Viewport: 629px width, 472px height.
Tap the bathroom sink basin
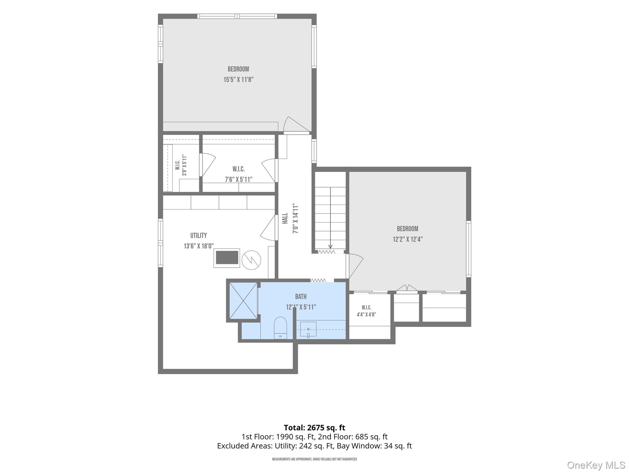point(308,329)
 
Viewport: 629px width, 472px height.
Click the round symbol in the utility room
point(251,260)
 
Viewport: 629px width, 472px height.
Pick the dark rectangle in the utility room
point(227,258)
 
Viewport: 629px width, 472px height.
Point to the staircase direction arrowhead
point(330,247)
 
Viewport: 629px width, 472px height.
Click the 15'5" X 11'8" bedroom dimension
point(238,80)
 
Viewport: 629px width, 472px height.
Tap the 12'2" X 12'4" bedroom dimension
point(408,239)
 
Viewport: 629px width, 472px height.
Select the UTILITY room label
point(198,236)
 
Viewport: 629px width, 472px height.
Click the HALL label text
point(285,218)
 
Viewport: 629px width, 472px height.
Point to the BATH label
point(301,297)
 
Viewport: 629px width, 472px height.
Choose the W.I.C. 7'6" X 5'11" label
point(239,174)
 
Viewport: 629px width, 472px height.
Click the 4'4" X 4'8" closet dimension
point(366,315)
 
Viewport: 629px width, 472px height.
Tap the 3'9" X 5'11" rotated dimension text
point(184,165)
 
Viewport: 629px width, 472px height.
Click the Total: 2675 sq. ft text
point(314,427)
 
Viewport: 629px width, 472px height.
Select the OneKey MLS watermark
point(596,465)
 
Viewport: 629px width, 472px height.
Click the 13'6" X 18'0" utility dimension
point(199,246)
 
